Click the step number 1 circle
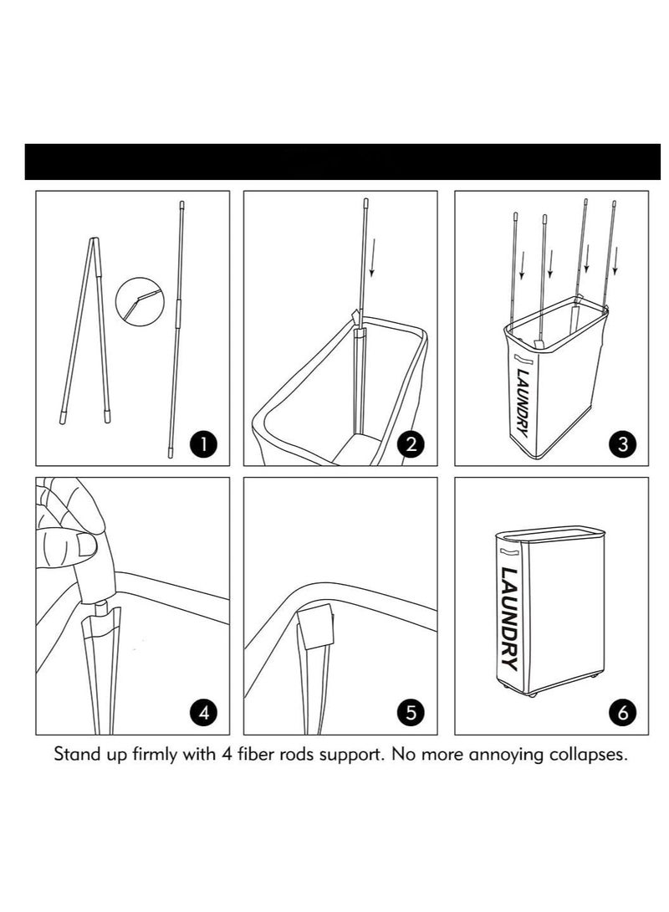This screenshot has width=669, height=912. [203, 444]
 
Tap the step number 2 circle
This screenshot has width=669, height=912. [411, 444]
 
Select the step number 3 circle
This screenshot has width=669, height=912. [622, 444]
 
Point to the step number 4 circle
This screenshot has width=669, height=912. [203, 713]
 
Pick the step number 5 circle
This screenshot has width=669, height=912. [411, 713]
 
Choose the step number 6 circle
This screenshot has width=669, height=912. [622, 713]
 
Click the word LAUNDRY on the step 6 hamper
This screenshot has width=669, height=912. [509, 618]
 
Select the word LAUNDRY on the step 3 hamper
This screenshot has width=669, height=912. [521, 402]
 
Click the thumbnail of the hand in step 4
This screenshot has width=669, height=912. [87, 546]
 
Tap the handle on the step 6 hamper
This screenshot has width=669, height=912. [507, 552]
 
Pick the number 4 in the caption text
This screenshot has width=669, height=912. [227, 755]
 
